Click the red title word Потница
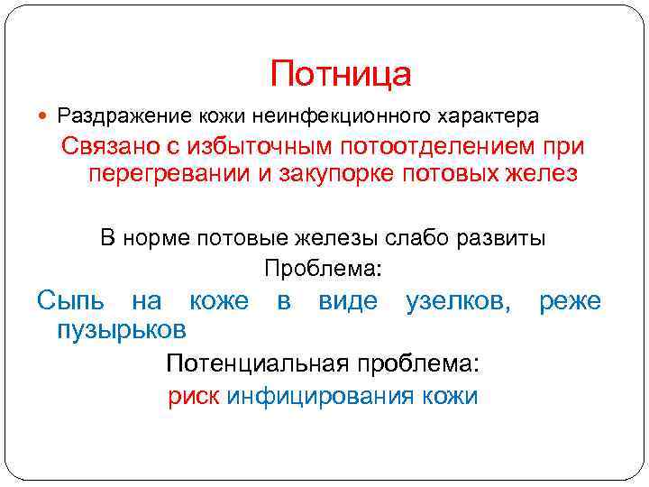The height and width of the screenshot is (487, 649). click(341, 75)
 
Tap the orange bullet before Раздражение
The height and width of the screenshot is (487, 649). click(46, 116)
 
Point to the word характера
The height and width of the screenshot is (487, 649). click(489, 116)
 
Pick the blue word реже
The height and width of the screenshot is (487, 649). click(570, 300)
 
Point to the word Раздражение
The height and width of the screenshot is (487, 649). click(117, 116)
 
